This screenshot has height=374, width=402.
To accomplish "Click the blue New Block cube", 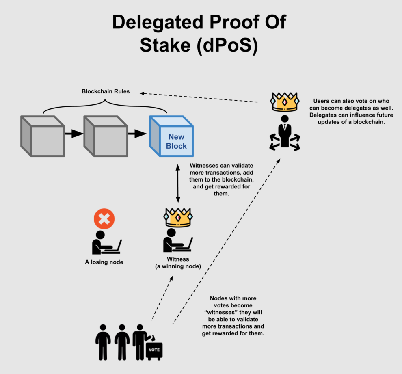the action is tap(171, 136).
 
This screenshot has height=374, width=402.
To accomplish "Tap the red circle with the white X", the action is tap(104, 218).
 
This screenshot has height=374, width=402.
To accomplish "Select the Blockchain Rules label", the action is tap(106, 91).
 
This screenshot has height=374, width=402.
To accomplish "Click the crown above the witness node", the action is tap(178, 217).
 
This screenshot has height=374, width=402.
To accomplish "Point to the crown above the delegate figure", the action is tap(285, 102).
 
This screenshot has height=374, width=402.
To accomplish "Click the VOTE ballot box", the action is tap(154, 351).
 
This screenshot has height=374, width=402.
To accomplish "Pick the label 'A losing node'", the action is tap(104, 262).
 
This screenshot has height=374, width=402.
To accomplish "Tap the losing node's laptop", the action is tap(113, 248).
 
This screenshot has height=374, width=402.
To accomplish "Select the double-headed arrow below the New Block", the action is tap(178, 184).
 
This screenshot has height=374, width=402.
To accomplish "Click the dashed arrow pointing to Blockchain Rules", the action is tap(199, 98).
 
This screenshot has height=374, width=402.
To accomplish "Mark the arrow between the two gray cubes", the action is tap(74, 134).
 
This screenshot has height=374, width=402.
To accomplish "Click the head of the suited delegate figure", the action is tap(285, 119).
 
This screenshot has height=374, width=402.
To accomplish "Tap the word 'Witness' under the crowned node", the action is tap(178, 259).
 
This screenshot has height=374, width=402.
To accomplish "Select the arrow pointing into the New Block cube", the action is tap(137, 134).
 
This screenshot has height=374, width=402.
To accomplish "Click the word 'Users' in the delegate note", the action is tap(321, 101).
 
